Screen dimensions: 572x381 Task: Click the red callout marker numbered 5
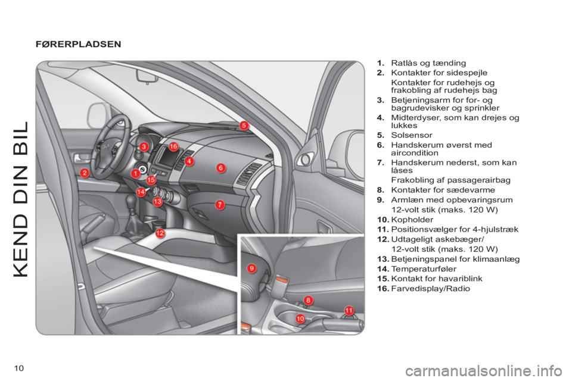244,126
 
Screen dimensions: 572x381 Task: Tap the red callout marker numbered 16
173,146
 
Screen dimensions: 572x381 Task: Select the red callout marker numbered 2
85,173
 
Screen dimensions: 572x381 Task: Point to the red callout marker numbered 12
160,233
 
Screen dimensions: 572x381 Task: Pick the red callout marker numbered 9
251,268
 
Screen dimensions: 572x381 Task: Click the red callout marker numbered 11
349,310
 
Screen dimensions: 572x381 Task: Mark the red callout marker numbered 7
219,205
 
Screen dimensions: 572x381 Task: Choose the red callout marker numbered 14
141,192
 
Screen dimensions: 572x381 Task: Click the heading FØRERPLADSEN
79,44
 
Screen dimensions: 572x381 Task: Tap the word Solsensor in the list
412,135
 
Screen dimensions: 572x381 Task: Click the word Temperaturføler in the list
424,269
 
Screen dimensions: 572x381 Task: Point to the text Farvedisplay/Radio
430,289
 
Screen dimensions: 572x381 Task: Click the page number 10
18,368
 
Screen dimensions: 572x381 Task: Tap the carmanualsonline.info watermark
486,371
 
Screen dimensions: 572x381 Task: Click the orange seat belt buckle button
282,280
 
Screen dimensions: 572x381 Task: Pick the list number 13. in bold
383,259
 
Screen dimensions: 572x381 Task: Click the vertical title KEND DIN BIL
21,199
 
